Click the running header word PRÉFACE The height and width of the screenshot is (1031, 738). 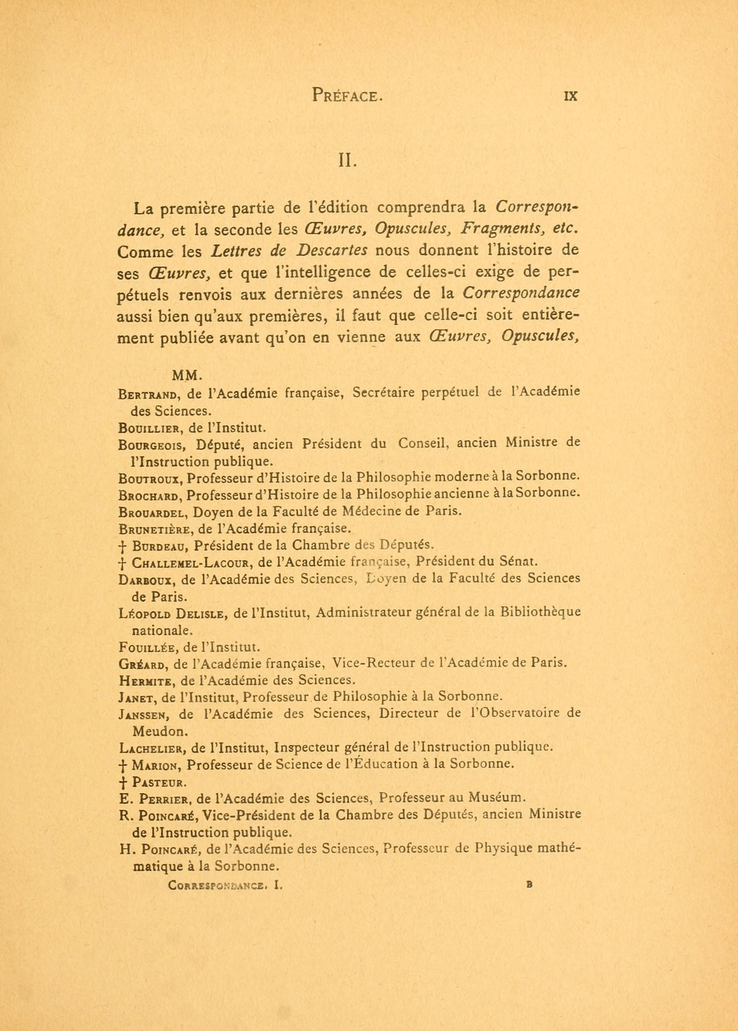(x=345, y=96)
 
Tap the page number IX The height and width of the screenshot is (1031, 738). (x=570, y=96)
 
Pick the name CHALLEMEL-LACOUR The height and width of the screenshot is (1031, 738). (x=190, y=563)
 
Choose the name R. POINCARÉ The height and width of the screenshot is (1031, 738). (x=158, y=815)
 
